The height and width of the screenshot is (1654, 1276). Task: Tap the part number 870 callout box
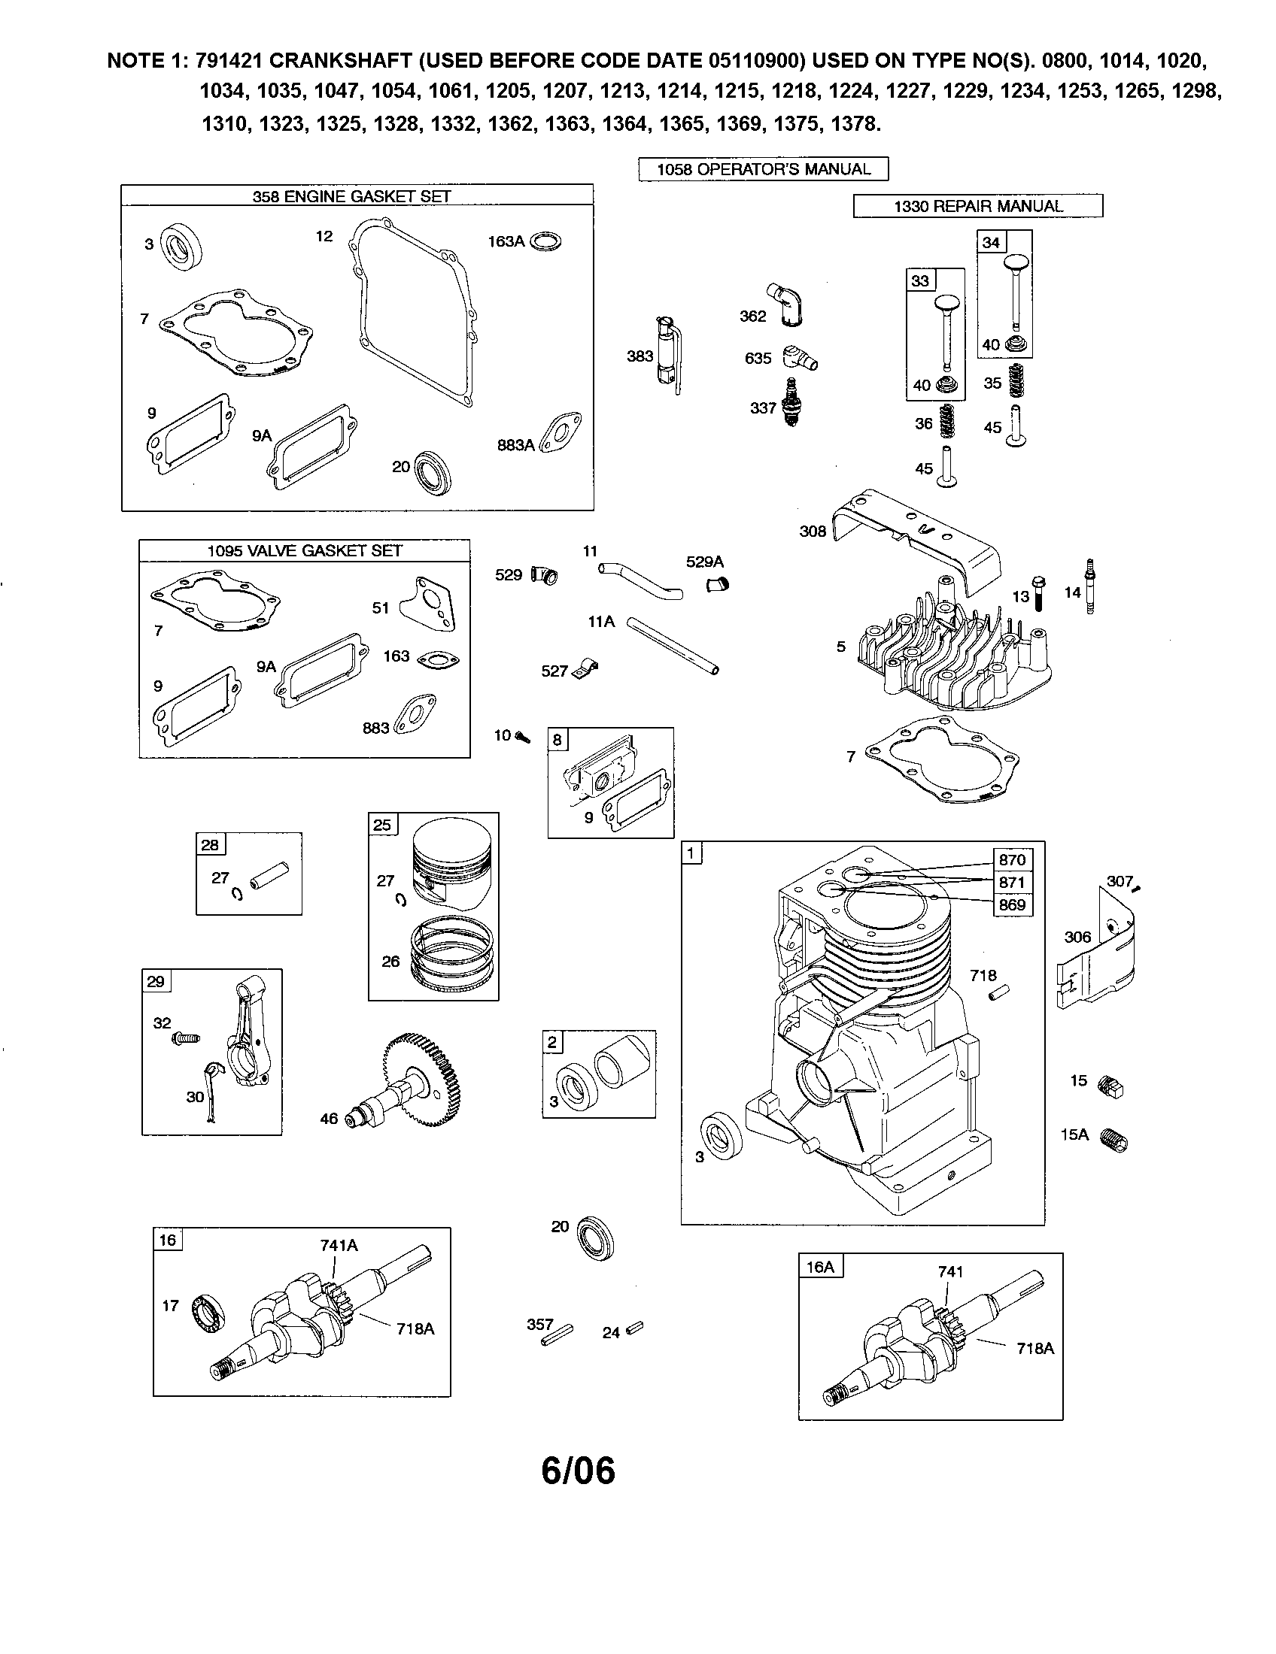[1013, 859]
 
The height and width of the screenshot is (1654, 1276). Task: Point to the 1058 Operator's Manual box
[763, 169]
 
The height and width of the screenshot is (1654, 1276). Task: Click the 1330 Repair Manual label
[978, 206]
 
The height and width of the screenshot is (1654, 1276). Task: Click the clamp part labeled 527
[583, 669]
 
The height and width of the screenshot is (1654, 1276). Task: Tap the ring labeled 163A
[545, 241]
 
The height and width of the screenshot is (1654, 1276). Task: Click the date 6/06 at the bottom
[578, 1471]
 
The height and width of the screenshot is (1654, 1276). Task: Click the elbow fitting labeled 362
[785, 304]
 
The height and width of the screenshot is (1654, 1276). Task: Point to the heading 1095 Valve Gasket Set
[305, 550]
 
